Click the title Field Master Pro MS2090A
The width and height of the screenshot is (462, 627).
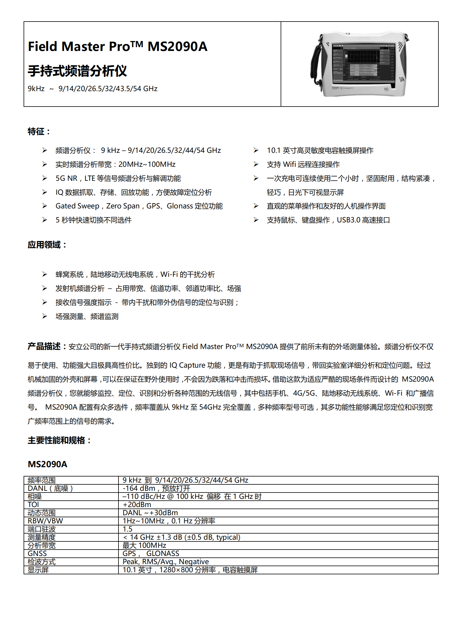[x=117, y=47]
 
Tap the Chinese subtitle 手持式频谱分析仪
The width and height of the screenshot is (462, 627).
[x=77, y=71]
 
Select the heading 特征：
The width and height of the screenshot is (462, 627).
[x=39, y=132]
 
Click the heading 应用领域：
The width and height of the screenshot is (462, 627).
[x=47, y=245]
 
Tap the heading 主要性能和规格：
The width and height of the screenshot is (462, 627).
[x=59, y=440]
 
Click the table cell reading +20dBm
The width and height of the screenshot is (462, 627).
[x=137, y=504]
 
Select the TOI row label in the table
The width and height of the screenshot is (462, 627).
[x=33, y=504]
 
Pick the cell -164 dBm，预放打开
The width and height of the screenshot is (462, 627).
[x=156, y=488]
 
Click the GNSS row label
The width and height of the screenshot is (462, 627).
[x=37, y=553]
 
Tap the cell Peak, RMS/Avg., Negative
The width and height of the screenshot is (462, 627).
[x=165, y=562]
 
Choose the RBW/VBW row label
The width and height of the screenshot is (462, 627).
[x=45, y=521]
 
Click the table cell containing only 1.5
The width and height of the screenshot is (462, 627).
[x=128, y=529]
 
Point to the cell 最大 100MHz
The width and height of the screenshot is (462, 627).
[x=144, y=545]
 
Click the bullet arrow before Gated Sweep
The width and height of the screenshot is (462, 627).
[x=45, y=206]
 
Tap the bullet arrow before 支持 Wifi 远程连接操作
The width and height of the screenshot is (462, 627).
[x=256, y=164]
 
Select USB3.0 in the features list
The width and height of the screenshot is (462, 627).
[x=348, y=220]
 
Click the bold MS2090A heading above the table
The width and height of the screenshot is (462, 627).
[x=47, y=464]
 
